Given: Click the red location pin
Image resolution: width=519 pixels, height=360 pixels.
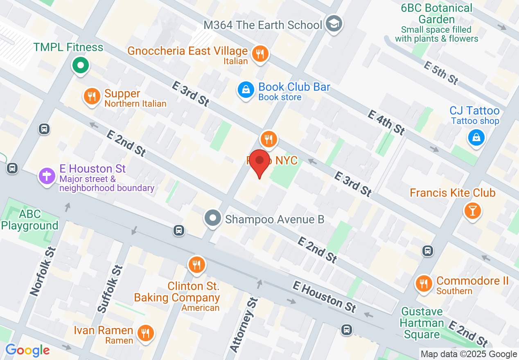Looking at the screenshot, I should (259, 162).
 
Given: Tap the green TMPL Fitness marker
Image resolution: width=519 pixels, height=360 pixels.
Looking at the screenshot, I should (81, 65).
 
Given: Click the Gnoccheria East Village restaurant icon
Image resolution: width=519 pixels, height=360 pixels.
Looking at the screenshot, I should (259, 54).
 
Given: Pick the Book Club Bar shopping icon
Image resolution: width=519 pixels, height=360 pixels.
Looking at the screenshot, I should (246, 90).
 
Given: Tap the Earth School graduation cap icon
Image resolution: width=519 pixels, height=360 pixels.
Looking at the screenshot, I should (334, 24).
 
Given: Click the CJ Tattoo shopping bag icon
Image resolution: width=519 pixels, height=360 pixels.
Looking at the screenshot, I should (476, 138).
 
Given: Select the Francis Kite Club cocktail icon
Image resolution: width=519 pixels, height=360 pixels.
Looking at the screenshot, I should (472, 211).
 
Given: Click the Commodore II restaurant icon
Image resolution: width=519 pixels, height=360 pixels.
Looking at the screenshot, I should (424, 283).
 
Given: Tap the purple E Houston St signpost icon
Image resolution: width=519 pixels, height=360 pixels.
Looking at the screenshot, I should (47, 177).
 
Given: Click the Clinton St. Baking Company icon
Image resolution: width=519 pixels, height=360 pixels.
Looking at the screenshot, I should (197, 265).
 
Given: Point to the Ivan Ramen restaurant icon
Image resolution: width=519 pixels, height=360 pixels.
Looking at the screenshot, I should (144, 333).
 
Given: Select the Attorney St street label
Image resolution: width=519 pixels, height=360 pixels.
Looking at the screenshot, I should (243, 325).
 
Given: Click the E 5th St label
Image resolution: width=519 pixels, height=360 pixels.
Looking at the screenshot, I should (442, 73).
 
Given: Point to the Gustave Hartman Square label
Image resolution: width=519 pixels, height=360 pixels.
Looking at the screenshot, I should (422, 323).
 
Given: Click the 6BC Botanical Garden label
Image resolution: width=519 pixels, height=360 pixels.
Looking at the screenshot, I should (436, 13).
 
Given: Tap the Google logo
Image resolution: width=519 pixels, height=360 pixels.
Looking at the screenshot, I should (27, 350).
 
